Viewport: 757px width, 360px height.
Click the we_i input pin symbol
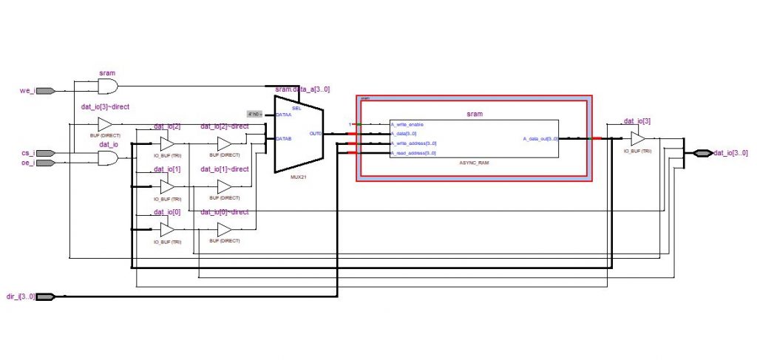[x=44, y=91]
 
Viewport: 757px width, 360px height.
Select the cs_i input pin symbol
[x=44, y=154]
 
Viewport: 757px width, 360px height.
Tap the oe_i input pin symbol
[x=44, y=163]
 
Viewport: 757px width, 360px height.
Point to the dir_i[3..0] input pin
[x=45, y=296]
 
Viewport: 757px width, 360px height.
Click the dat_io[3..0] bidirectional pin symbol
[x=702, y=153]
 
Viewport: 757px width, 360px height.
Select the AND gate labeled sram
[x=109, y=87]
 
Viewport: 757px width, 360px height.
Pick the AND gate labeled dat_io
[x=109, y=158]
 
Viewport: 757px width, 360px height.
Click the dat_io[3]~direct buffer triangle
[x=105, y=124]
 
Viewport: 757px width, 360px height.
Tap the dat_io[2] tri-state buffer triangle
[x=167, y=143]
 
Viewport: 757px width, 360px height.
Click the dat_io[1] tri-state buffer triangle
[x=167, y=186]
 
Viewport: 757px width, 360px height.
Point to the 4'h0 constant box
[x=254, y=114]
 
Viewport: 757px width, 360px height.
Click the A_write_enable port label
[x=407, y=124]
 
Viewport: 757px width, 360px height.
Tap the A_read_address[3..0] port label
[x=413, y=153]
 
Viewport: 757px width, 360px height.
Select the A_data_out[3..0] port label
[x=540, y=138]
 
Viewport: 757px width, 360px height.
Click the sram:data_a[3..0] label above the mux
[x=302, y=89]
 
